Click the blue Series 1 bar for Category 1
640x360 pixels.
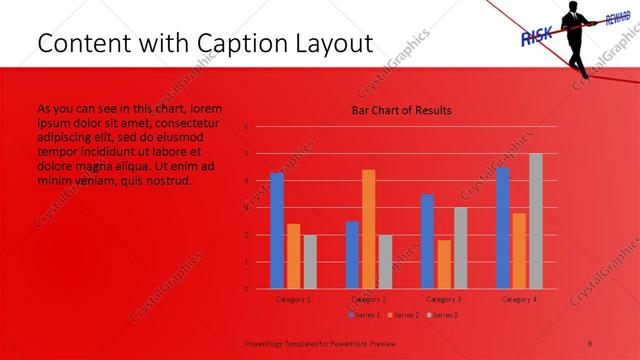click(277, 231)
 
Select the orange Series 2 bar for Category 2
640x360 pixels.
click(369, 229)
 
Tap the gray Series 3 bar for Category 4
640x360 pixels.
click(535, 221)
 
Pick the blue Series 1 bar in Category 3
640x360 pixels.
click(427, 241)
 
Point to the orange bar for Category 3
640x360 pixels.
click(444, 264)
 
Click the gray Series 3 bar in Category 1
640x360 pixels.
click(310, 262)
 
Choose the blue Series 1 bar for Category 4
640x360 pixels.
click(502, 228)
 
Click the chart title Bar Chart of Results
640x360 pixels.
click(400, 110)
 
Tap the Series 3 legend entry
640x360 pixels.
click(442, 315)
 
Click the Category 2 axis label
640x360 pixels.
click(369, 299)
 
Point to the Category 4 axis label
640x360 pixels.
click(518, 299)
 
